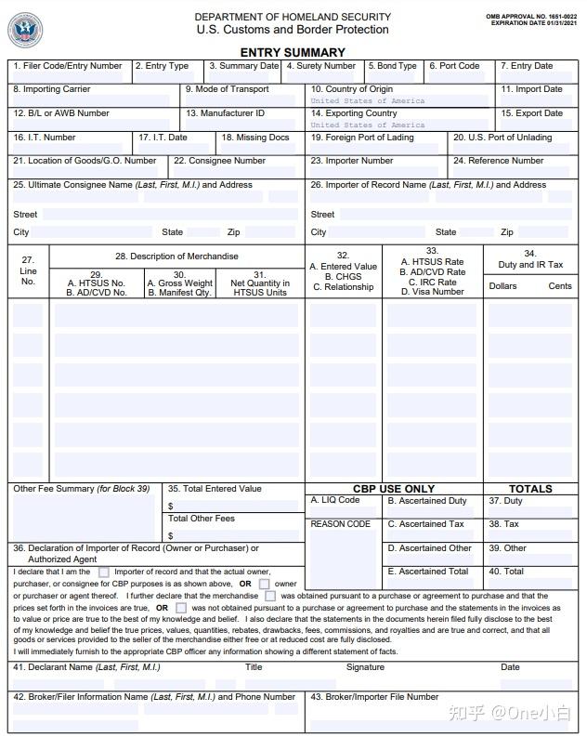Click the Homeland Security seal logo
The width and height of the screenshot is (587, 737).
click(x=25, y=30)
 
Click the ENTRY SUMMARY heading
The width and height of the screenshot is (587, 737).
click(x=293, y=53)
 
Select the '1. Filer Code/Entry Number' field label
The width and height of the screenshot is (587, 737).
click(x=68, y=66)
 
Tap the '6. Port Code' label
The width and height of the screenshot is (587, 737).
click(x=455, y=66)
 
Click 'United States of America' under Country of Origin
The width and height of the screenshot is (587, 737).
click(x=368, y=100)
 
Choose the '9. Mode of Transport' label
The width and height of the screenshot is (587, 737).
click(x=228, y=89)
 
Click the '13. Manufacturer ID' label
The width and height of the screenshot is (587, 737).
click(x=226, y=113)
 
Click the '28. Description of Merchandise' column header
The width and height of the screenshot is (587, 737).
click(x=176, y=257)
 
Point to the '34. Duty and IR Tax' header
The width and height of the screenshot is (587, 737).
click(x=530, y=259)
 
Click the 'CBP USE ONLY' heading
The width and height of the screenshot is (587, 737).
click(x=393, y=489)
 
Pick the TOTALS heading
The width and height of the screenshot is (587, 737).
click(x=530, y=489)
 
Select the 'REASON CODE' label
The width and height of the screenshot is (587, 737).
click(x=341, y=524)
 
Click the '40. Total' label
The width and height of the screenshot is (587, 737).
click(x=507, y=572)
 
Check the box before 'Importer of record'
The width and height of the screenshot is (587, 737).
click(x=104, y=572)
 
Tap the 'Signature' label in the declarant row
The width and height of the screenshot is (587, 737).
click(x=365, y=667)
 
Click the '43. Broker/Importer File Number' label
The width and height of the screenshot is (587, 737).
click(x=374, y=696)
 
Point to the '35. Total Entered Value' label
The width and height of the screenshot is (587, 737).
click(x=215, y=489)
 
